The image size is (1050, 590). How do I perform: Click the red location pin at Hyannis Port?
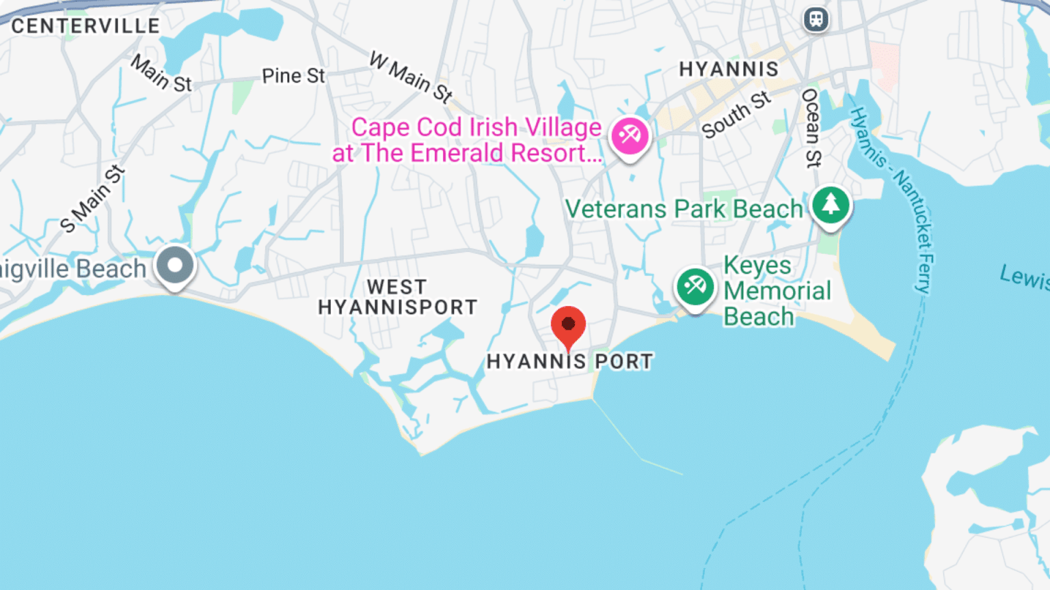click(568, 325)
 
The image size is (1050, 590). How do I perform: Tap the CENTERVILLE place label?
click(85, 26)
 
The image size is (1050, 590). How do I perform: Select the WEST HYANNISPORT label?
click(397, 297)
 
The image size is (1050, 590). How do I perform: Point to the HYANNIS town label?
click(728, 69)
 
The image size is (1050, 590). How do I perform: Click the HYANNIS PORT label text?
click(569, 361)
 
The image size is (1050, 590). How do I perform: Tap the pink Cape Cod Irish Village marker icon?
click(630, 135)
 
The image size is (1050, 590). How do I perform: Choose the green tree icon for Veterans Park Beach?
click(831, 204)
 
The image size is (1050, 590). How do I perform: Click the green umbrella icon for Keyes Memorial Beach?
click(695, 286)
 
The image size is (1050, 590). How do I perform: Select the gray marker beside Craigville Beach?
click(175, 265)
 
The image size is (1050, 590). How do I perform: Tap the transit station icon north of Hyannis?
click(816, 19)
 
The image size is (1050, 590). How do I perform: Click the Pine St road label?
click(293, 76)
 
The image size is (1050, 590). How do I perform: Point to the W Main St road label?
click(411, 76)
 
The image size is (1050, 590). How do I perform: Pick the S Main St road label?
click(92, 199)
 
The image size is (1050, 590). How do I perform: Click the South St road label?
click(736, 115)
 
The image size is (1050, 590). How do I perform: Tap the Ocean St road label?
click(811, 128)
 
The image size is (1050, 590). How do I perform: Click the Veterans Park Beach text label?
click(684, 209)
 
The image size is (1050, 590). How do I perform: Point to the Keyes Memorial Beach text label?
click(777, 291)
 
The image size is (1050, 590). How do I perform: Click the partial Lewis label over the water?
click(1024, 277)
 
